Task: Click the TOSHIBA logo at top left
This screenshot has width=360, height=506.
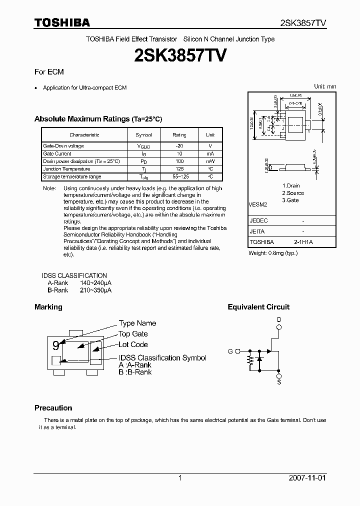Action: pos(62,22)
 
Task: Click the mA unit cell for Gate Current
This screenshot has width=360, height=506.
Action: pos(210,153)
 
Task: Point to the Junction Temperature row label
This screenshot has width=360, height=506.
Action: pos(59,169)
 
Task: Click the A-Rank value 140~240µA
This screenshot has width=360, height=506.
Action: pos(95,282)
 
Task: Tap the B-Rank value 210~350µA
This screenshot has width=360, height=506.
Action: pos(95,289)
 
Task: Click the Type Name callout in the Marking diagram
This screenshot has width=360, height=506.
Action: pos(137,323)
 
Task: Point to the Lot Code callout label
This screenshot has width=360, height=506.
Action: pos(133,344)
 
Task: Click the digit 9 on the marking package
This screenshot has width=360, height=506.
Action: pos(56,345)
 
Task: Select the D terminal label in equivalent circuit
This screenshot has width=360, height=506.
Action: pos(279,319)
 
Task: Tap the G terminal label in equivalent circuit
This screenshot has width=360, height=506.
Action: pos(230,351)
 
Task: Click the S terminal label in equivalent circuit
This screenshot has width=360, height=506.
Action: pos(279,382)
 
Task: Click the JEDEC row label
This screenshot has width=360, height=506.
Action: pos(258,220)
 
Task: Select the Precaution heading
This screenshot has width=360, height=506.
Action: pos(53,408)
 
